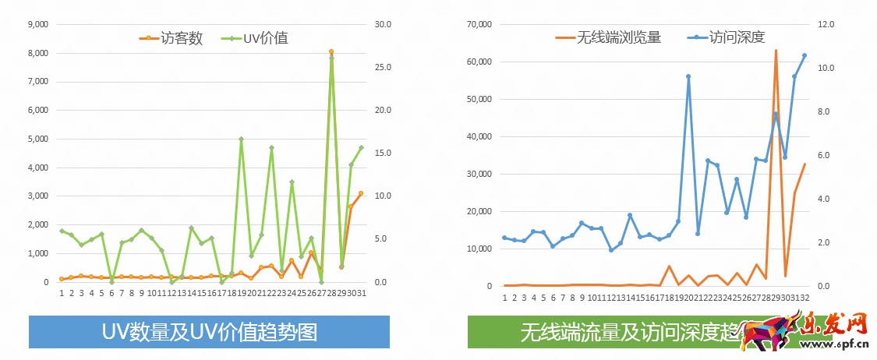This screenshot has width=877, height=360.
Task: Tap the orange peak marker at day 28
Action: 331,51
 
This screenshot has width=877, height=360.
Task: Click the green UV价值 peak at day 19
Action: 241,139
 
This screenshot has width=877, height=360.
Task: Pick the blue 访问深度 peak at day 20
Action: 688,76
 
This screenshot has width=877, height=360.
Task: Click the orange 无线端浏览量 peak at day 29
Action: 776,51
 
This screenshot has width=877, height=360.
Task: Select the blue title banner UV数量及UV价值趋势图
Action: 209,332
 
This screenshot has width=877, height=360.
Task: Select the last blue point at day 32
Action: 805,55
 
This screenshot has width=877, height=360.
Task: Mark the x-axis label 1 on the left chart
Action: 62,294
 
